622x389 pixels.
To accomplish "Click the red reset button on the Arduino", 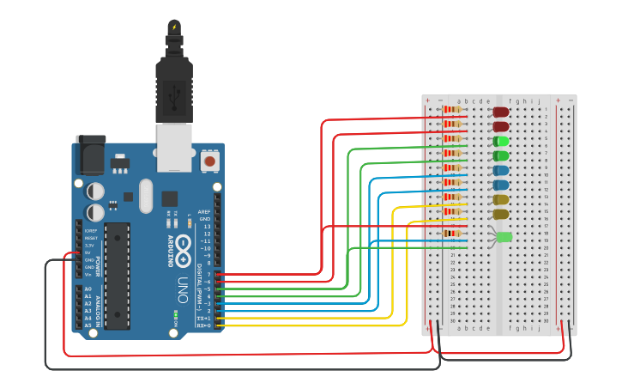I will (209, 161).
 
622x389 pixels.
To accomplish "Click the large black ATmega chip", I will (118, 276).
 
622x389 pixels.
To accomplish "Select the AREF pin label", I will (204, 211).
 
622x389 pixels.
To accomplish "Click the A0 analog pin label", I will (88, 289).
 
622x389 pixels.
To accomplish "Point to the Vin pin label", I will (88, 274).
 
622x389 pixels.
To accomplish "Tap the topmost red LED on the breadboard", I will (501, 112).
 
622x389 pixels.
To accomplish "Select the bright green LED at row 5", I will (501, 141).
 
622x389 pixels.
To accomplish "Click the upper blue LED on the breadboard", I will (501, 170).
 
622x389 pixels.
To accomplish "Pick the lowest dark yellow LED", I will (501, 214).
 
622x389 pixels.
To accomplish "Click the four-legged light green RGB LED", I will (504, 236).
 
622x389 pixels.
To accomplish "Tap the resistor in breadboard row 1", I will (453, 109).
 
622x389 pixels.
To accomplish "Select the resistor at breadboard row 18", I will (453, 233).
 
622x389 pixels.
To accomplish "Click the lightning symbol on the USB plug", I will (175, 27).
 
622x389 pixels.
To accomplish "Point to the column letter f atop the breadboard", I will (510, 101).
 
